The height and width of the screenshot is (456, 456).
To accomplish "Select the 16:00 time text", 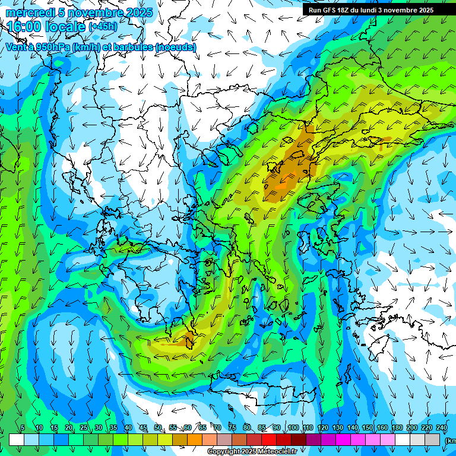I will [x=24, y=27].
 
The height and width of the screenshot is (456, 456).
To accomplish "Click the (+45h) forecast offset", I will [x=102, y=27].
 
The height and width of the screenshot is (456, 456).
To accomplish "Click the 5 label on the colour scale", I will [x=23, y=427].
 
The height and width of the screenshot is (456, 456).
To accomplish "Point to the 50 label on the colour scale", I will [x=158, y=427].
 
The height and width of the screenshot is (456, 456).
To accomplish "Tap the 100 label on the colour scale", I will [x=293, y=427].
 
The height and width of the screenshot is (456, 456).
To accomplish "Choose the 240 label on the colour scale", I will [x=441, y=427].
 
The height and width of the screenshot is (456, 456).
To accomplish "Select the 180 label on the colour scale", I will [x=396, y=427].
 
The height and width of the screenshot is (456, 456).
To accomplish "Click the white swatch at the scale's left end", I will [x=17, y=439].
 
